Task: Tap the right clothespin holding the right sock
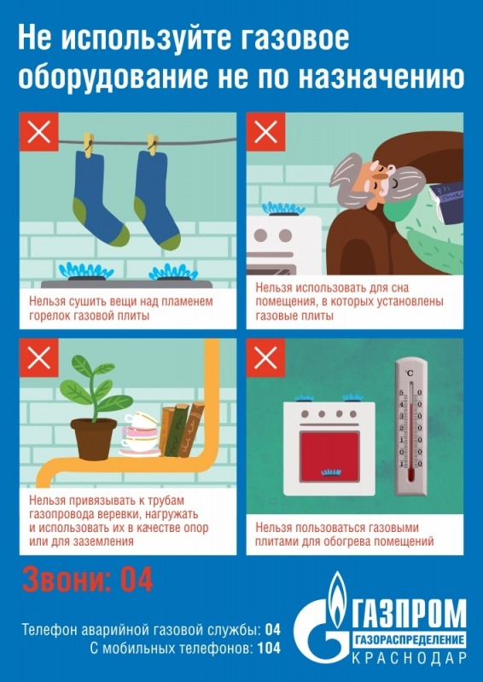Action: [x=153, y=144]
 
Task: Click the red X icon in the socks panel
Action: [x=38, y=132]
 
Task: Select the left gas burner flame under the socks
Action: [x=86, y=272]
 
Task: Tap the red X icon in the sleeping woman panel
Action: [x=265, y=132]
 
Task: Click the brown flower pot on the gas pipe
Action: [x=94, y=438]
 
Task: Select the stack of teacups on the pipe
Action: [x=140, y=434]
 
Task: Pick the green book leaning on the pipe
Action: [x=177, y=431]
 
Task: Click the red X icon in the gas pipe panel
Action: [x=38, y=358]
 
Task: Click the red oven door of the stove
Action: [x=329, y=457]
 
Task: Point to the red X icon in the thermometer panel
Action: [x=265, y=358]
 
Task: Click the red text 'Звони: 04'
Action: [x=88, y=580]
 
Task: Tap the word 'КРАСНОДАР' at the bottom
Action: [x=409, y=658]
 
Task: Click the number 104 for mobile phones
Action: [x=269, y=649]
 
